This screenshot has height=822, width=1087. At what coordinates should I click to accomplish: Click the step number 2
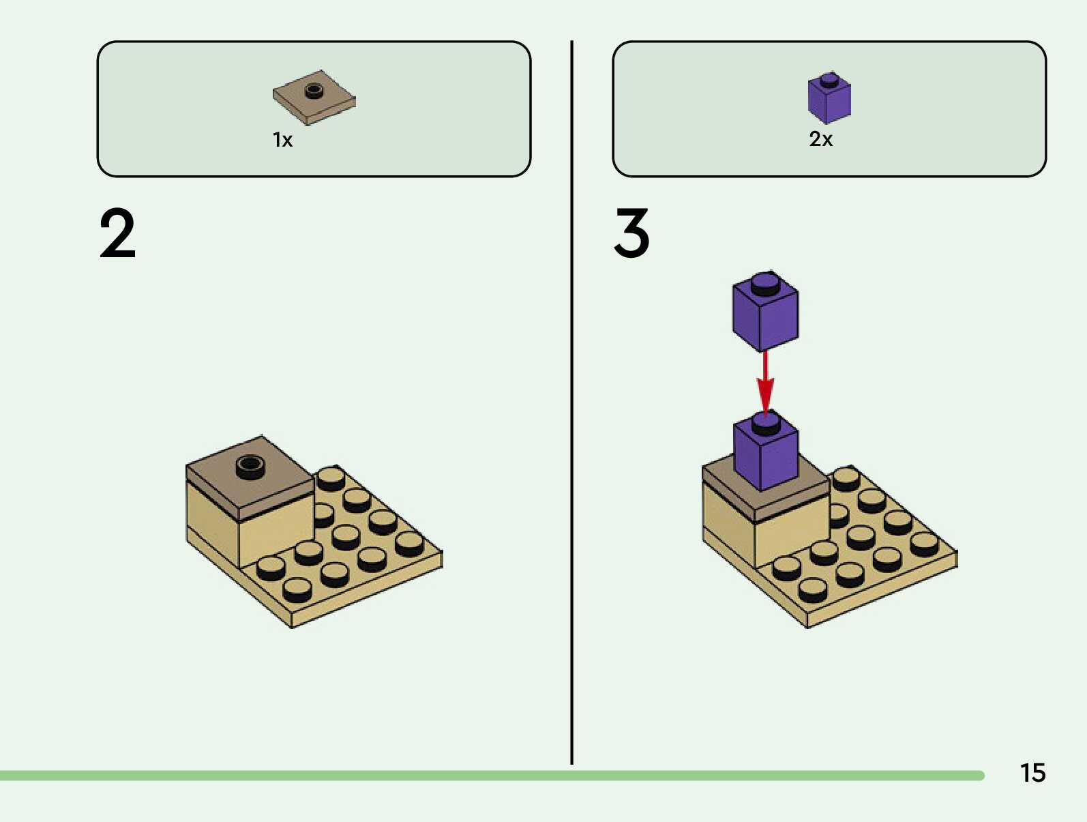point(117,234)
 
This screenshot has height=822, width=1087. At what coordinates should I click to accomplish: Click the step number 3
point(631,233)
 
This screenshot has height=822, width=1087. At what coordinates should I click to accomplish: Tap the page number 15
point(1032,773)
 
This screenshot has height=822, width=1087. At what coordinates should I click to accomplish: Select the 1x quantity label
point(282,140)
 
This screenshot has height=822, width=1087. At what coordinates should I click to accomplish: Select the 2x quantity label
point(820,139)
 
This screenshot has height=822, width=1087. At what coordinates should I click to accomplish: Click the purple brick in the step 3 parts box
point(829,100)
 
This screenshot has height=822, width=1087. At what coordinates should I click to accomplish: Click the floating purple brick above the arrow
point(765,315)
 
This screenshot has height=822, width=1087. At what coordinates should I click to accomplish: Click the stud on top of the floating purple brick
point(765,282)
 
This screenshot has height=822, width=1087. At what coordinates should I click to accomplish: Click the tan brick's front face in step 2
point(276,535)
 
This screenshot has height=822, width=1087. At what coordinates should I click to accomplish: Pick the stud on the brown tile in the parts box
point(314,89)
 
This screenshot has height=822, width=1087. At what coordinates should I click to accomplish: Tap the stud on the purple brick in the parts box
point(829,79)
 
